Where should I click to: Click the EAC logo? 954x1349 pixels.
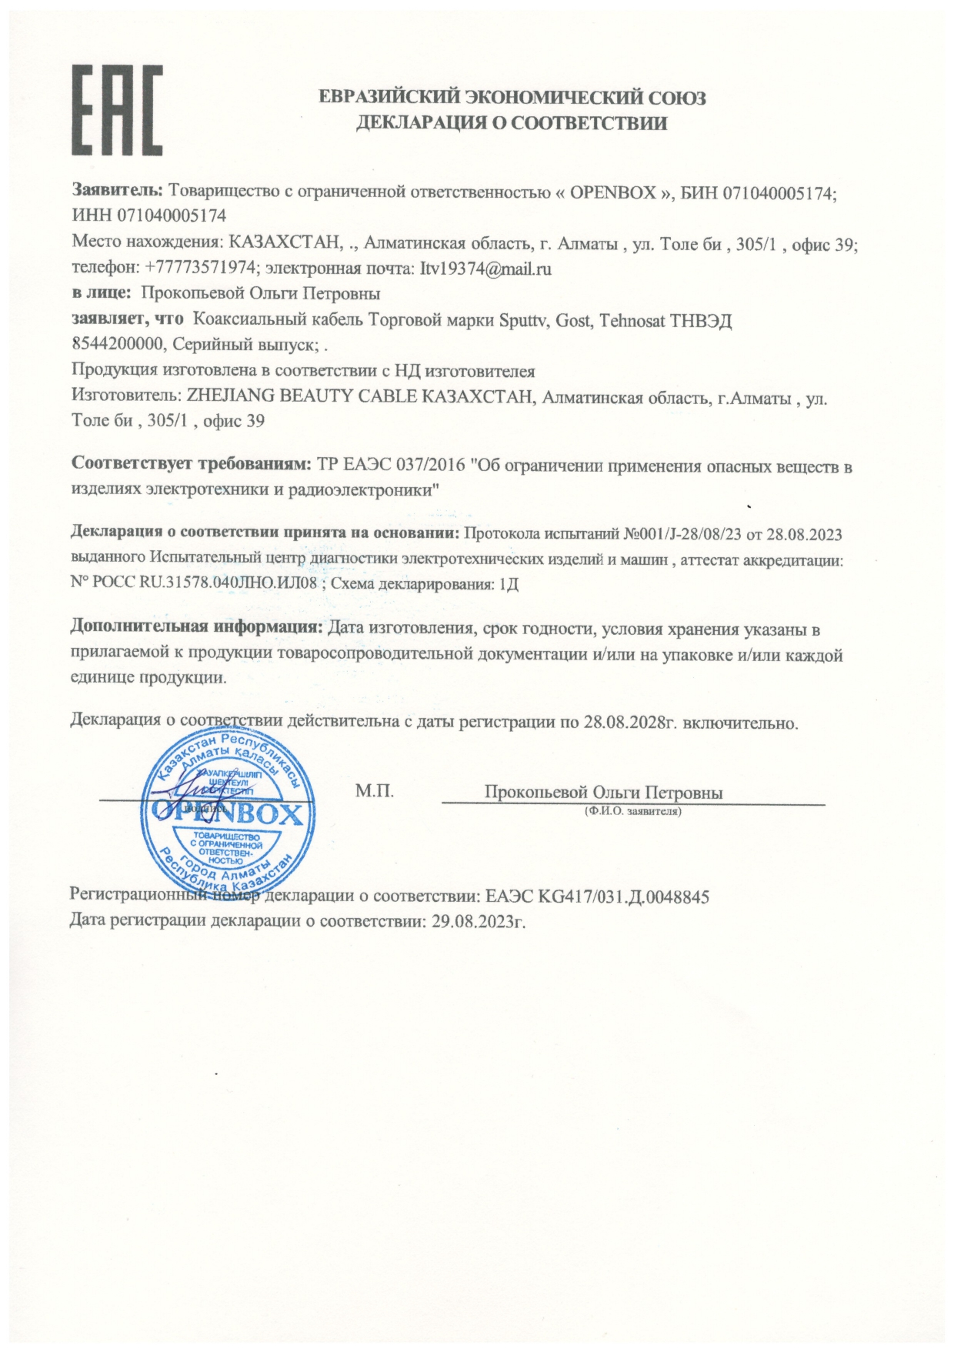click(118, 109)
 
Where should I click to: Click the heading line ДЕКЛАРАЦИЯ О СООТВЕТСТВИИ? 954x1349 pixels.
click(512, 122)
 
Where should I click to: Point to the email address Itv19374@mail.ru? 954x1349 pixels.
click(485, 269)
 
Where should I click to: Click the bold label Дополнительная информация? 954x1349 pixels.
click(196, 629)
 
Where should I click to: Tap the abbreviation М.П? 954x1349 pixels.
click(375, 790)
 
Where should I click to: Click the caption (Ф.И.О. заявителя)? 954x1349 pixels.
click(632, 811)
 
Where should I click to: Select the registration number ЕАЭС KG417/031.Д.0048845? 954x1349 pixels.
click(597, 897)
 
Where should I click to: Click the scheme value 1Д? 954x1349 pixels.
click(509, 583)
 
